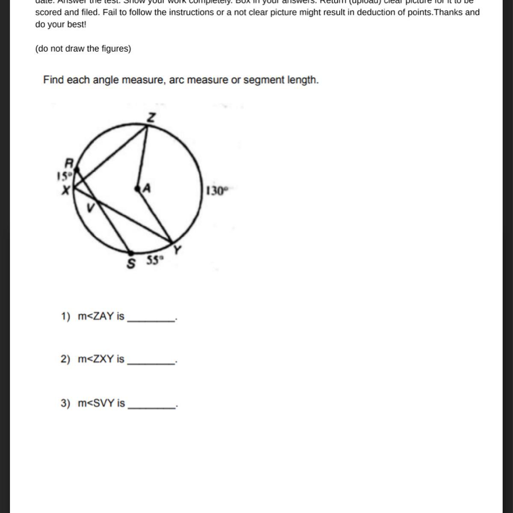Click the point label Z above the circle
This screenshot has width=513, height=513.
[151, 118]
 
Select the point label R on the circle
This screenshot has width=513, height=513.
[69, 163]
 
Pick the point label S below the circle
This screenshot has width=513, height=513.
[131, 264]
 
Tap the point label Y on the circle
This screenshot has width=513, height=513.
[177, 249]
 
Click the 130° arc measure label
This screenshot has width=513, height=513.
[215, 191]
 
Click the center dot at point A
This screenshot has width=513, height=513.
[138, 188]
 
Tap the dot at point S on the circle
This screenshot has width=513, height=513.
[131, 254]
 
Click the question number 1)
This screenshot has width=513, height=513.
[65, 316]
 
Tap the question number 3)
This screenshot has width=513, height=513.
[65, 403]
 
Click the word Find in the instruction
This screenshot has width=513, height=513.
[53, 80]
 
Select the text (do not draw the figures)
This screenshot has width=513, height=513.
[83, 49]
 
